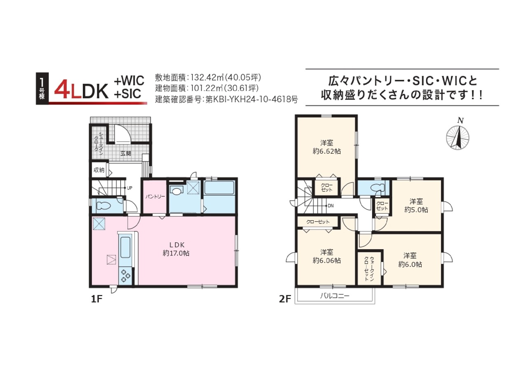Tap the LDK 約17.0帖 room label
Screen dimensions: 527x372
(x=176, y=249)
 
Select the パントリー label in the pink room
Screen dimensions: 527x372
(x=155, y=197)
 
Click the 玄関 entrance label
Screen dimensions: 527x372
(x=126, y=154)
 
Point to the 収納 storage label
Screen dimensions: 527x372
(x=99, y=170)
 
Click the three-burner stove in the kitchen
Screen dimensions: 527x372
(x=126, y=276)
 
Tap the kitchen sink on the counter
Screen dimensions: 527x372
(x=125, y=247)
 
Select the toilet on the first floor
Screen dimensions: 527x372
(x=103, y=206)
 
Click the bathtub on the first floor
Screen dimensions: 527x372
(x=219, y=188)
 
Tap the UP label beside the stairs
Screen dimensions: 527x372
(x=129, y=188)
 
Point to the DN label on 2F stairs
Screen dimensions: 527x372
(x=331, y=206)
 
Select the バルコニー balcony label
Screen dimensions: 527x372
(x=335, y=296)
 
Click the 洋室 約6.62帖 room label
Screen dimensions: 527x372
(x=326, y=147)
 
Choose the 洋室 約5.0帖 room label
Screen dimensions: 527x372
(x=416, y=206)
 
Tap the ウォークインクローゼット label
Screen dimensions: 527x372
(x=369, y=269)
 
